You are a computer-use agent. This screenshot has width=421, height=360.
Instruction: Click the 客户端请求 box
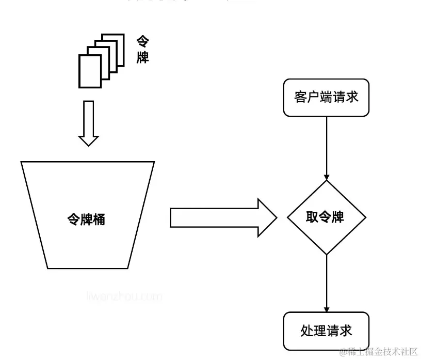(326, 98)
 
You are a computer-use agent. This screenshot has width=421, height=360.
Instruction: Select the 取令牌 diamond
(326, 217)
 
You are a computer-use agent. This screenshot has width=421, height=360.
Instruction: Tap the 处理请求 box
(326, 331)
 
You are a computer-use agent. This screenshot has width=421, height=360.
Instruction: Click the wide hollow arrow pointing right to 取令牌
(222, 217)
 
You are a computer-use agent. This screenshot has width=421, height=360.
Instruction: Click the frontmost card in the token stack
(90, 71)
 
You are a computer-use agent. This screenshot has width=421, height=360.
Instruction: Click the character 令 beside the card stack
(143, 41)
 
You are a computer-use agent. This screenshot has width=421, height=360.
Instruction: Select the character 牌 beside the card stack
(143, 57)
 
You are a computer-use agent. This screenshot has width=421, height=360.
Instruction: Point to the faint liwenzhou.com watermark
(124, 296)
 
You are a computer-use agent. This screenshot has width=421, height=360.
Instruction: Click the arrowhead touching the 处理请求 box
(326, 308)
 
